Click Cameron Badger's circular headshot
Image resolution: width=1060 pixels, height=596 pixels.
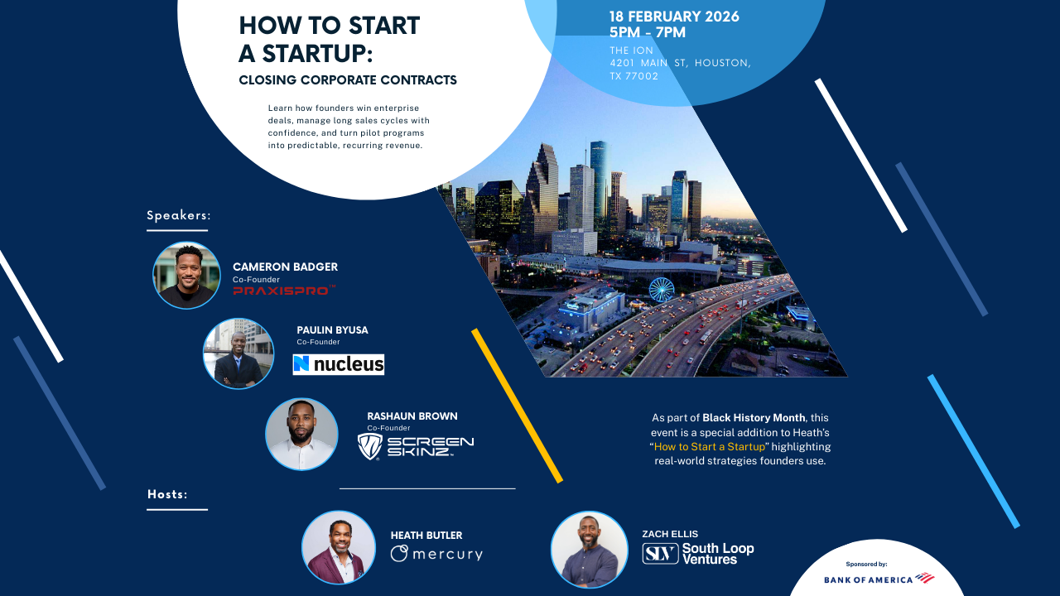pyautogui.click(x=187, y=276)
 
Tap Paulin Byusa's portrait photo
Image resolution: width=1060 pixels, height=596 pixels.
pyautogui.click(x=238, y=353)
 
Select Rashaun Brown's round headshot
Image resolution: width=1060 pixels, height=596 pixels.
pyautogui.click(x=301, y=435)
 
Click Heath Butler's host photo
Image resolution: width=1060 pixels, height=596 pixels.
pyautogui.click(x=339, y=547)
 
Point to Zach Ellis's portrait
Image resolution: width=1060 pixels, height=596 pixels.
pyautogui.click(x=588, y=548)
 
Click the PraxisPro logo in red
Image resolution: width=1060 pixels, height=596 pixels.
pyautogui.click(x=284, y=291)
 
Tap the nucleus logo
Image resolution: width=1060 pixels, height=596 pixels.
pyautogui.click(x=339, y=364)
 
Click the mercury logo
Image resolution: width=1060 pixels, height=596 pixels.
pyautogui.click(x=436, y=554)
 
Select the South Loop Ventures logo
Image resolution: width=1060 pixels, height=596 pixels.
pyautogui.click(x=698, y=554)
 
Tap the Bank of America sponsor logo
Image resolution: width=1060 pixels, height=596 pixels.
pyautogui.click(x=879, y=579)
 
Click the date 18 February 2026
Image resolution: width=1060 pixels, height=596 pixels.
pyautogui.click(x=674, y=17)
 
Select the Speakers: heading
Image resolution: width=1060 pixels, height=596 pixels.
pyautogui.click(x=179, y=216)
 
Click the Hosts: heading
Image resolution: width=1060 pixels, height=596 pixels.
pyautogui.click(x=167, y=494)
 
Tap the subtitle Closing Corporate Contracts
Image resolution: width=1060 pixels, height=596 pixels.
pyautogui.click(x=348, y=80)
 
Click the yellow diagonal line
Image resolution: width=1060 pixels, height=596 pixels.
pyautogui.click(x=517, y=406)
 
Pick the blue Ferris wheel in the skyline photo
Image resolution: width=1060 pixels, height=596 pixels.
pyautogui.click(x=661, y=290)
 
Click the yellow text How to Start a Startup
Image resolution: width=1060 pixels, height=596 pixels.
pyautogui.click(x=710, y=447)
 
